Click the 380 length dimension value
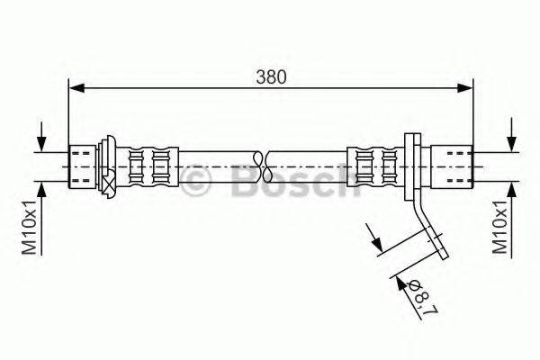point(272,77)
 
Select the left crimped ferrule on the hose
point(148,166)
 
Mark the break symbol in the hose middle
point(261,165)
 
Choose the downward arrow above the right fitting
point(511,144)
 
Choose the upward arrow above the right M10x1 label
point(511,188)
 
